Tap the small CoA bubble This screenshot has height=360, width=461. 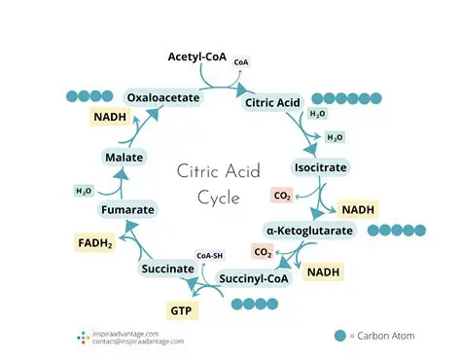click(x=241, y=62)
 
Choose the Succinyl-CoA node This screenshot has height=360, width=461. click(x=252, y=279)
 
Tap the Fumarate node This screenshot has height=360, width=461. click(x=128, y=209)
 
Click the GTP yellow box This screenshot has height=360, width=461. click(x=182, y=310)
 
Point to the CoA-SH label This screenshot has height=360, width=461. click(x=212, y=256)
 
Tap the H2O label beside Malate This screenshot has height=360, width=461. click(x=84, y=191)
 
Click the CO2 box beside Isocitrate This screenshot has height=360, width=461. click(x=281, y=196)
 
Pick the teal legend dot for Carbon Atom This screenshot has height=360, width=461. click(x=339, y=335)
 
